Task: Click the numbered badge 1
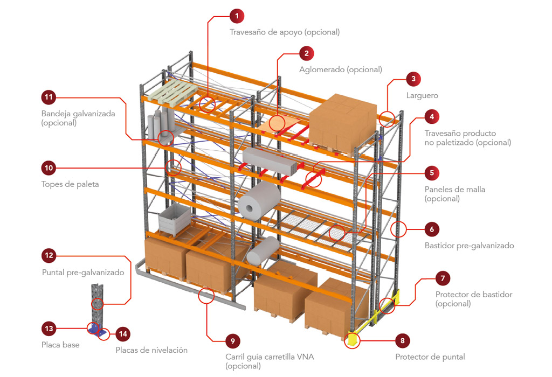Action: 237,16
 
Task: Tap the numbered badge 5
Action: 432,173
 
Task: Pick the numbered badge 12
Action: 49,255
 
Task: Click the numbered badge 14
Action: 123,334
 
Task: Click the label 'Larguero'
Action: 422,95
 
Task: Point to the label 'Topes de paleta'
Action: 70,184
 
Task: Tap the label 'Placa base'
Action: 60,345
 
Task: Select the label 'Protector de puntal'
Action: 430,357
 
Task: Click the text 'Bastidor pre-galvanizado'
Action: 469,246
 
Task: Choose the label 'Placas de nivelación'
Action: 151,350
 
